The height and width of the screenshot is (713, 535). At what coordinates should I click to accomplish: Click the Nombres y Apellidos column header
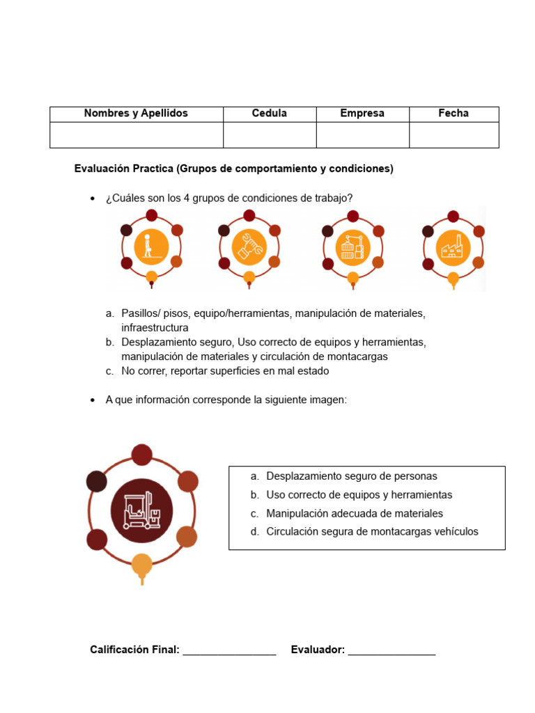[x=136, y=113]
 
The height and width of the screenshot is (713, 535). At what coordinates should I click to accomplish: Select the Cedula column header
[x=270, y=113]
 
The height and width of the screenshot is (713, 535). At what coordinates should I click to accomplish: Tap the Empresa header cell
[x=362, y=113]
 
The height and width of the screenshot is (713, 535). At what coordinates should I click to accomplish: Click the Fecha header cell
[x=453, y=113]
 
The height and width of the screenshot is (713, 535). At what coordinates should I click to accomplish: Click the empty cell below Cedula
[x=270, y=135]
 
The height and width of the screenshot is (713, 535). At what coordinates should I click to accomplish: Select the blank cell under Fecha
[x=453, y=135]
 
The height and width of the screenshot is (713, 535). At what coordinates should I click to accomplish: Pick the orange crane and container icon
[x=353, y=247]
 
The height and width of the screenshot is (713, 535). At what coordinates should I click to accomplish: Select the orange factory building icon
[x=453, y=247]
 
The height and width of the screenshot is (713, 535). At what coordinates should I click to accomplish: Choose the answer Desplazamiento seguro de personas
[x=352, y=476]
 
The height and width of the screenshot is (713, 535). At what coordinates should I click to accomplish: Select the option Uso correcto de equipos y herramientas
[x=359, y=495]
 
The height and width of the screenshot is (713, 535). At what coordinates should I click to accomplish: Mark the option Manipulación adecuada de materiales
[x=355, y=514]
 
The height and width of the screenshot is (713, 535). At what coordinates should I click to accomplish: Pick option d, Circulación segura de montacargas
[x=372, y=532]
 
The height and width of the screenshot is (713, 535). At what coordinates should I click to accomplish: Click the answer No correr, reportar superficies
[x=225, y=371]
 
